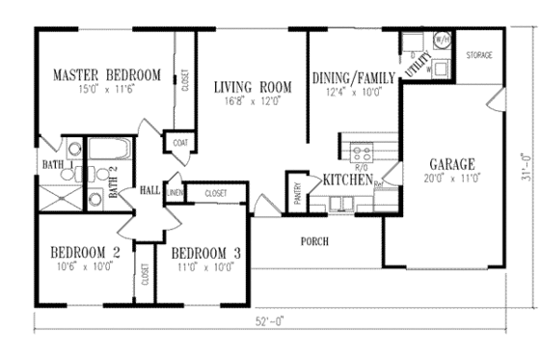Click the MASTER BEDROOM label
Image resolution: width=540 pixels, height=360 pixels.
pyautogui.click(x=106, y=74)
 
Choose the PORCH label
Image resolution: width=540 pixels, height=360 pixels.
pyautogui.click(x=315, y=241)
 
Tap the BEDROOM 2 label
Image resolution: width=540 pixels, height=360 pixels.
pyautogui.click(x=85, y=253)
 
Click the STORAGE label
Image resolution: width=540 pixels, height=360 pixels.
pyautogui.click(x=478, y=56)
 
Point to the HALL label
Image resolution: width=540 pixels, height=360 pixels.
pyautogui.click(x=149, y=190)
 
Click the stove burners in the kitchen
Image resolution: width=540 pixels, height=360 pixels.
pyautogui.click(x=365, y=151)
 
